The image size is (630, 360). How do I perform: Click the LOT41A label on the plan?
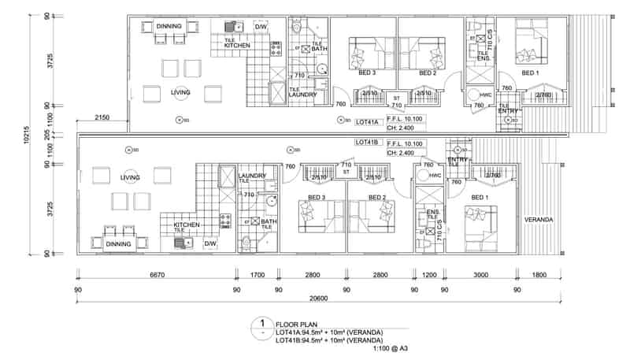(x=369, y=122)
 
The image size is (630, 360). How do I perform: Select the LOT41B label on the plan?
(x=369, y=143)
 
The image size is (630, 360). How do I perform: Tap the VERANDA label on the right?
(x=539, y=219)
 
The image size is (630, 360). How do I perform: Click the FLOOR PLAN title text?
(x=295, y=324)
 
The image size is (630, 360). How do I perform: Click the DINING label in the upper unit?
(x=169, y=26)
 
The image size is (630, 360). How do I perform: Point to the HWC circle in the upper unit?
(x=485, y=95)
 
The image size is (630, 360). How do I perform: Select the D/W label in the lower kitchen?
(x=210, y=244)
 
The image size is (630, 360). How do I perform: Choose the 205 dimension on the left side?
(x=49, y=135)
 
